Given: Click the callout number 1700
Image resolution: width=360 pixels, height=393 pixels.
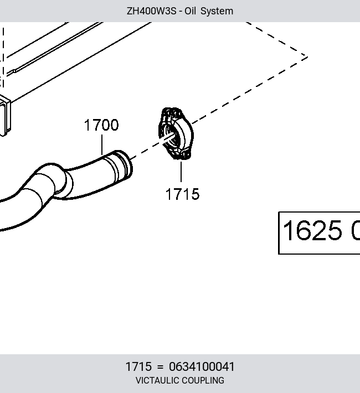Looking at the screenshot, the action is click(101, 125).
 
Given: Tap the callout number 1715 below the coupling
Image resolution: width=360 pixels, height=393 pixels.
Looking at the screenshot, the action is click(182, 194).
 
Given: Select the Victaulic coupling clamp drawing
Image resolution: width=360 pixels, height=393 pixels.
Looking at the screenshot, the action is click(176, 133).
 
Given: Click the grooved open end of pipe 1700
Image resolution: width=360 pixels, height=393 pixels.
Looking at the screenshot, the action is click(124, 164).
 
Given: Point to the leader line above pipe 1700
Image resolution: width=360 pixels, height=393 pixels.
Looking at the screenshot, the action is click(102, 145).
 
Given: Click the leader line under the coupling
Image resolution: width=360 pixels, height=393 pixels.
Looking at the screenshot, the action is click(181, 172).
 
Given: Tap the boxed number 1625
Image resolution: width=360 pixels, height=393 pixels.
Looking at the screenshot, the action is click(312, 230).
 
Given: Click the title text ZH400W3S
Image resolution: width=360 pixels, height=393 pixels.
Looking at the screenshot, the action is click(152, 11).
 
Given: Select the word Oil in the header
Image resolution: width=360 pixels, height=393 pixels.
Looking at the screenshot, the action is click(190, 11).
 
